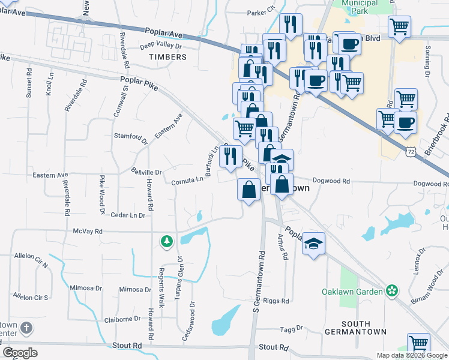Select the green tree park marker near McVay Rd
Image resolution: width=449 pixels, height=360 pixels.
point(166,241)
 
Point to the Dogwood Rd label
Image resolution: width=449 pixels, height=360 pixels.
point(331,181)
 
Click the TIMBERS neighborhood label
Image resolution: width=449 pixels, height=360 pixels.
point(167,57)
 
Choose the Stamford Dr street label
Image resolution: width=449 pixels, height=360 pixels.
point(131,136)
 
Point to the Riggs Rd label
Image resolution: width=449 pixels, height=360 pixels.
point(277,301)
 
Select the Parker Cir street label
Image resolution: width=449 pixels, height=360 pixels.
point(261,11)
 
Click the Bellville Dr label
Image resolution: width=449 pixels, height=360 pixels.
point(147,172)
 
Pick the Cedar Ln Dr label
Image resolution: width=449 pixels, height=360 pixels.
point(128,215)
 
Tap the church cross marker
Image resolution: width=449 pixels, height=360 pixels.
point(25,328)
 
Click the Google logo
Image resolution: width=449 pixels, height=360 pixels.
point(20,352)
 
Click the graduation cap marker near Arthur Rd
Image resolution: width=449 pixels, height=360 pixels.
point(313,243)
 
